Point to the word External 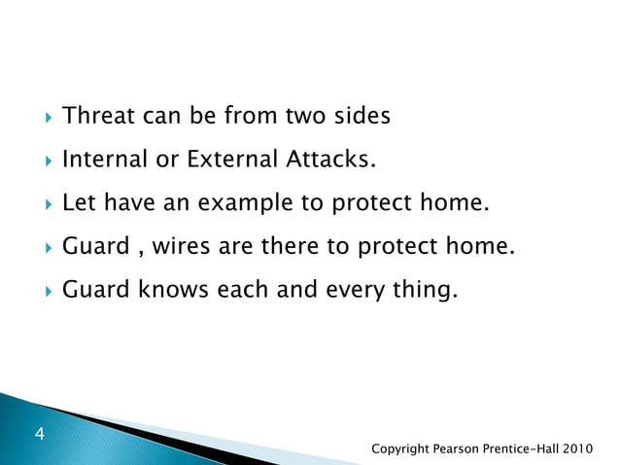(230, 161)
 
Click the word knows (169, 289)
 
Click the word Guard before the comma (94, 247)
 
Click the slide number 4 (41, 434)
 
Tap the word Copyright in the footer (407, 448)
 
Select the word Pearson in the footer (471, 448)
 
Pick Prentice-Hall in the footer (533, 448)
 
